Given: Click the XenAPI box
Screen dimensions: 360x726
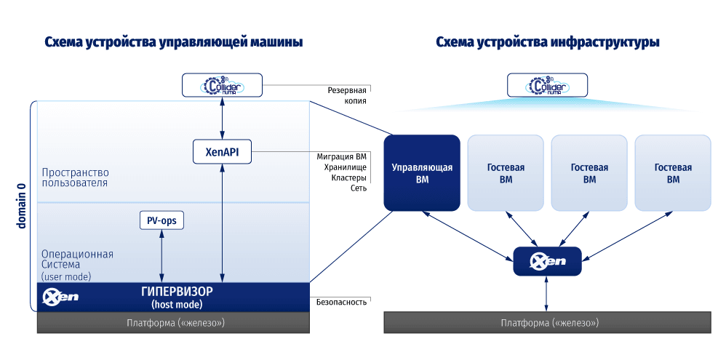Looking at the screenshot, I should coord(222,151).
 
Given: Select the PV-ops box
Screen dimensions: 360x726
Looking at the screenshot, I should coord(161,220).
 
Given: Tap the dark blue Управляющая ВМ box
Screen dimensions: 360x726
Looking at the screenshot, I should coord(422,173).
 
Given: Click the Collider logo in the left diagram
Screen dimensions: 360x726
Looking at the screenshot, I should coord(222,85).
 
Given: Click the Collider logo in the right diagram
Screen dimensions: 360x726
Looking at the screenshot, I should coord(547,86).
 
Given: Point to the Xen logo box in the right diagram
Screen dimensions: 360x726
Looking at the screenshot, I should coord(547,261).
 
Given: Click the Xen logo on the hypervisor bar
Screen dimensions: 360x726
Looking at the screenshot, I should coord(60,297).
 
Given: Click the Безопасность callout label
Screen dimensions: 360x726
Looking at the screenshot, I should coord(341,301).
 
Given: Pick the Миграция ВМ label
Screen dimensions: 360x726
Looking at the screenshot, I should coord(341,156).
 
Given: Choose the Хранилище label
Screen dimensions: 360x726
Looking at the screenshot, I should coord(346,167).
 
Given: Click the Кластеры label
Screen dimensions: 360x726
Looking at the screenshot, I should coord(348,177).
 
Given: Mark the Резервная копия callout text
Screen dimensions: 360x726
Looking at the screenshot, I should coord(346,96).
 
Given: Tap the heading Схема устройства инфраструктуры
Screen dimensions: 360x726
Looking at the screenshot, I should coord(547,42).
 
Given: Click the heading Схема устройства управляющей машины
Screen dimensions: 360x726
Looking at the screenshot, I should coord(173,42).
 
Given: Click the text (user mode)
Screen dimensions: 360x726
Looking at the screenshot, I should coord(66,276).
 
